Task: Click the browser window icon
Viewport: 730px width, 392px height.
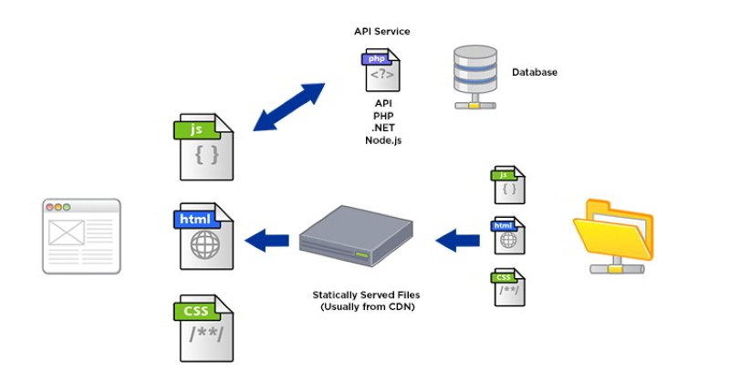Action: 81,236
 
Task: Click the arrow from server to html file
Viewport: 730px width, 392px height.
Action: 268,241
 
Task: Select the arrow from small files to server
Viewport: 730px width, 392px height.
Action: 457,241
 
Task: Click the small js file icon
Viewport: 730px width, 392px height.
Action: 508,185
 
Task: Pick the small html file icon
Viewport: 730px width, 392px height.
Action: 508,235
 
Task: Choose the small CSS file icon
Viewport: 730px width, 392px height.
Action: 508,287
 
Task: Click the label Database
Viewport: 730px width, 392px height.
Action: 534,72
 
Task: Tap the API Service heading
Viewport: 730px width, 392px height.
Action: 381,31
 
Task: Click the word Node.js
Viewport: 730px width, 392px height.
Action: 382,139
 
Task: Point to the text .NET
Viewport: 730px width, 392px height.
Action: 382,128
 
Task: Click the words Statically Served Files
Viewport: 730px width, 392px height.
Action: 360,295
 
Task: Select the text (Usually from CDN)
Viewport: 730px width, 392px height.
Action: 360,307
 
